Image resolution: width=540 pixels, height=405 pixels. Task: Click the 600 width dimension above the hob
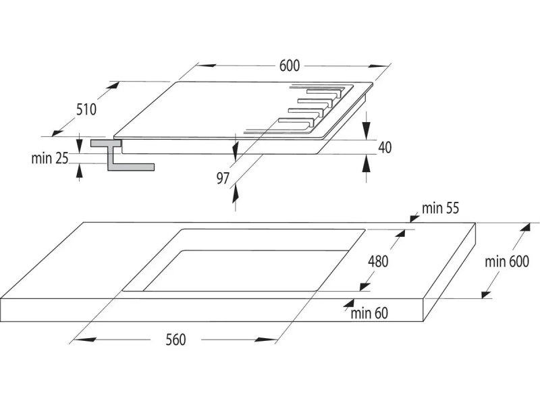coord(290,65)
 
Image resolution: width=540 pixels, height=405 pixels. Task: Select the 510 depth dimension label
coord(86,109)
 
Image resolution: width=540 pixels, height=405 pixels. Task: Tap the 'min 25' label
coord(49,159)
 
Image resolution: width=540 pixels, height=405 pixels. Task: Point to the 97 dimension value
coord(223,178)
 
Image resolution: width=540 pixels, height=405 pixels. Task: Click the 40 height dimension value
coord(385,147)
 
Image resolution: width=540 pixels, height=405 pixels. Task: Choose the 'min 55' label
coord(441,208)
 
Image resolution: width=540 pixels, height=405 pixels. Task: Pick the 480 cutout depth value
coord(378,261)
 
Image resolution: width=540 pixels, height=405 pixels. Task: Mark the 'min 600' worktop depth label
coord(507,262)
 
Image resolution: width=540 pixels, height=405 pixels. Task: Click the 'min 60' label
coord(369,313)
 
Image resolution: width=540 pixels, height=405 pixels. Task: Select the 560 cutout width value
coord(175,340)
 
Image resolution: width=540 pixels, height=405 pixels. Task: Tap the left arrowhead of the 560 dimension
coord(84,340)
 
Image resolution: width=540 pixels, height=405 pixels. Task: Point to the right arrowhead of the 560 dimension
coord(266,340)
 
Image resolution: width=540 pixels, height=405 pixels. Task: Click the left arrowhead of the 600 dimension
coord(206,65)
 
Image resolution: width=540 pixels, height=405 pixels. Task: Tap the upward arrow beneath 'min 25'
coord(80,172)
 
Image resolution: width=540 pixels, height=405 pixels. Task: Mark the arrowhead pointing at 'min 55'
coord(414,217)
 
